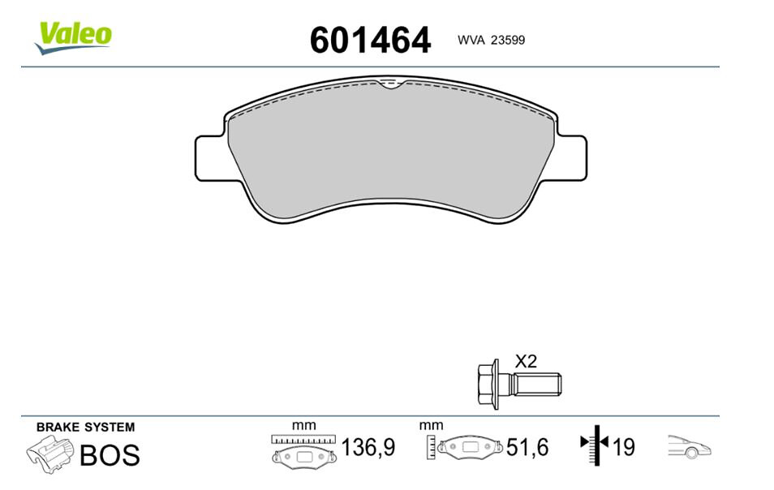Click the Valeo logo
[x=73, y=37]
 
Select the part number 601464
[x=370, y=40]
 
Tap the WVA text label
[x=471, y=40]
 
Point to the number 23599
[x=507, y=40]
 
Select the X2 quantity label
[x=526, y=362]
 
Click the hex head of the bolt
[x=488, y=384]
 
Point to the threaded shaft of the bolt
[x=536, y=385]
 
